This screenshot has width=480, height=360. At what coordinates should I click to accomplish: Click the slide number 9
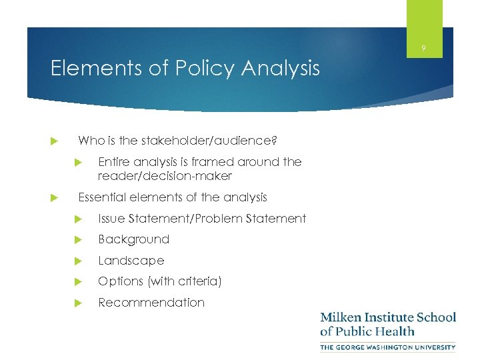424,48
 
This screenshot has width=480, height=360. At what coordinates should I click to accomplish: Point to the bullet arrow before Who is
56,141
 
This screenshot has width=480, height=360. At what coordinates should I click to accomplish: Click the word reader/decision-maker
165,176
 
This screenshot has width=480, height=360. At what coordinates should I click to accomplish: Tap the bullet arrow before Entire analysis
77,162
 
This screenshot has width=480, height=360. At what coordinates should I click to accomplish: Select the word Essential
103,197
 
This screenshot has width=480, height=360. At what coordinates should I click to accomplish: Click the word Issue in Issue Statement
111,218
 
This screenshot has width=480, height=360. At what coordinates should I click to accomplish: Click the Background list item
133,239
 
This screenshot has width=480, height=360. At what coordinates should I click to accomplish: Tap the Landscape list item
131,261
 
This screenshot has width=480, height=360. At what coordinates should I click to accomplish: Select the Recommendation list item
151,303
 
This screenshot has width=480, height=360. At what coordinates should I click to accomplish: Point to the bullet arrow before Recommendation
77,303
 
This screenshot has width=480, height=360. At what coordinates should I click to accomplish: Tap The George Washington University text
387,347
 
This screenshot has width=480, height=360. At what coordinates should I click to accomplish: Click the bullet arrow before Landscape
77,261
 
